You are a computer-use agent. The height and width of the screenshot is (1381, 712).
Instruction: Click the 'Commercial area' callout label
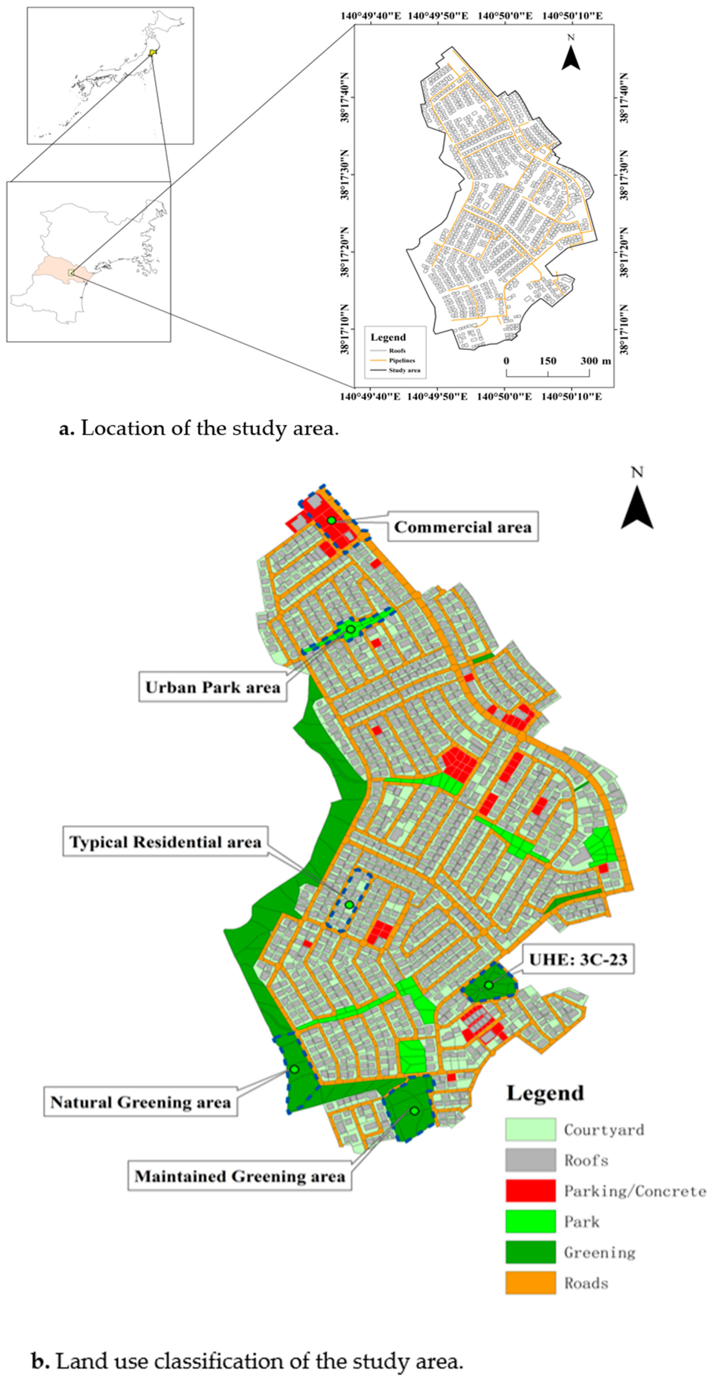[462, 527]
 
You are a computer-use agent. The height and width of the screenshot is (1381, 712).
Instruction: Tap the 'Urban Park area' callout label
[213, 687]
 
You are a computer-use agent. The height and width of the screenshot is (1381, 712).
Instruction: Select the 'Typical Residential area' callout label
[165, 842]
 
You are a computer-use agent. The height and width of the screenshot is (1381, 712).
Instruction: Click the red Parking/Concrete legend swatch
[530, 1191]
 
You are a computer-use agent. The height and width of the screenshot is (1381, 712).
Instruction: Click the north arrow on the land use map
[636, 506]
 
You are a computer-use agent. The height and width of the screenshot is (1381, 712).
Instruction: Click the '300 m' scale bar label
[596, 361]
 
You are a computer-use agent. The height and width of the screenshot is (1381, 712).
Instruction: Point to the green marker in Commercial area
[331, 520]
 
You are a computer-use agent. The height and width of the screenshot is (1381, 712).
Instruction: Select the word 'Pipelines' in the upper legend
[402, 360]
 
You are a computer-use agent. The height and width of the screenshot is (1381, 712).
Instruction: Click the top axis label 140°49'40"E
[370, 16]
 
